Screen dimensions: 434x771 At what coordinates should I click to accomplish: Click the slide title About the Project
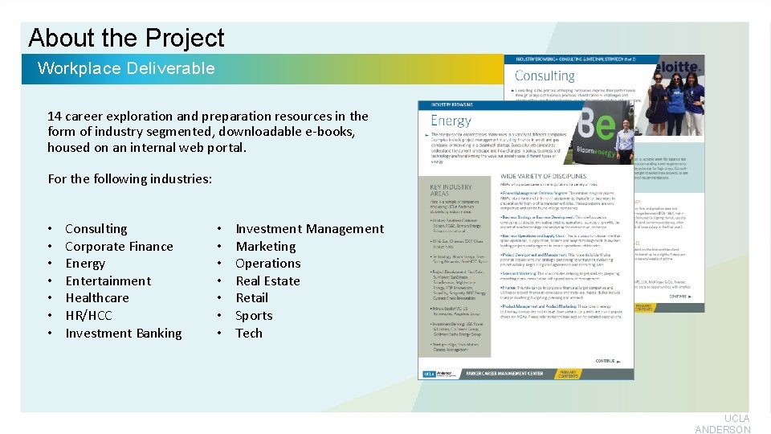point(126,38)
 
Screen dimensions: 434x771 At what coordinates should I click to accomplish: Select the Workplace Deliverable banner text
point(126,68)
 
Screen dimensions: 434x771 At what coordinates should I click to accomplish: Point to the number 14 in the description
point(55,116)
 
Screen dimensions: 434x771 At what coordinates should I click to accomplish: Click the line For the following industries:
point(130,178)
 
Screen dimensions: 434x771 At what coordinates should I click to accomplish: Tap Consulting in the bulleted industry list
point(96,229)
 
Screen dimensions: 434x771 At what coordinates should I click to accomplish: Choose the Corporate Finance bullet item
point(119,247)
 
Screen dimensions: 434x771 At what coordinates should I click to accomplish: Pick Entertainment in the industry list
point(108,281)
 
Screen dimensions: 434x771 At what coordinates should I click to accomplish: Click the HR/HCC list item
point(88,316)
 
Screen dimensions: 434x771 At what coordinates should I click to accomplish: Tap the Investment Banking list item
point(123,334)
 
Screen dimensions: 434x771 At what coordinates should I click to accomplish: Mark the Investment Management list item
point(309,229)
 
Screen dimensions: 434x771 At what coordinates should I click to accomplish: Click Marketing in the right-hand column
point(265,247)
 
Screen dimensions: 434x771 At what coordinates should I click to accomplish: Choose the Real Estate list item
point(267,281)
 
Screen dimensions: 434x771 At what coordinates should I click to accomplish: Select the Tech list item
point(249,334)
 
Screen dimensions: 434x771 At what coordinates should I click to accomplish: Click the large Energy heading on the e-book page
point(451,121)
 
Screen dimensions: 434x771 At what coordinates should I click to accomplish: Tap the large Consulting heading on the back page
point(545,76)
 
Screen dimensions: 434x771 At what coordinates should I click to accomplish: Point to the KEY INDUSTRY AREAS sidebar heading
point(451,190)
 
